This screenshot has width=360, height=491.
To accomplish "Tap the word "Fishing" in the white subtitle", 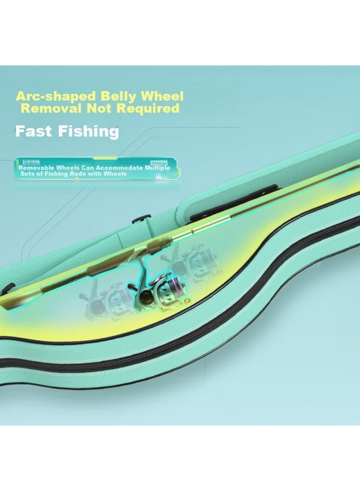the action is tap(88, 131).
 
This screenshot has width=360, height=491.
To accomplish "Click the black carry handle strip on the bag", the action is tap(234, 202).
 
